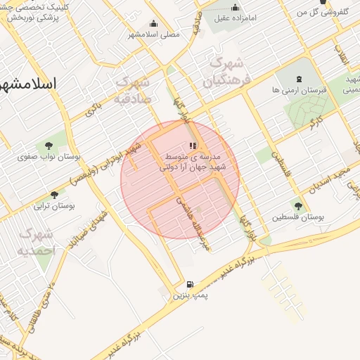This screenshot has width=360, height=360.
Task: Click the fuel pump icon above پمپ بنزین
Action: point(191,284)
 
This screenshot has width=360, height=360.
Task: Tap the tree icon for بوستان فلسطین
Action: point(298,206)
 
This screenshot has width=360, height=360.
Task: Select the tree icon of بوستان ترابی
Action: point(54,195)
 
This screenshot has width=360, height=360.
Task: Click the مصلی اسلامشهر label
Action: point(155,33)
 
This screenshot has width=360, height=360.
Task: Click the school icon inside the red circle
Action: point(193,145)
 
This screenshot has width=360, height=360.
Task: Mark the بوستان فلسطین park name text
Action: point(300,218)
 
